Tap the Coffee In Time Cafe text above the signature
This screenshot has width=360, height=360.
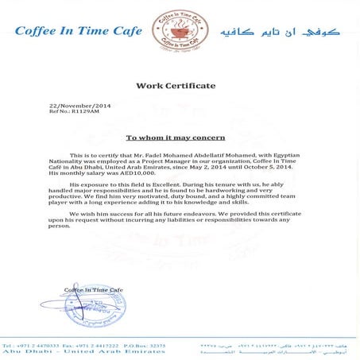(x=95, y=289)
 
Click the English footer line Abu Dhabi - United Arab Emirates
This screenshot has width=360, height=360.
(x=60, y=354)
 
